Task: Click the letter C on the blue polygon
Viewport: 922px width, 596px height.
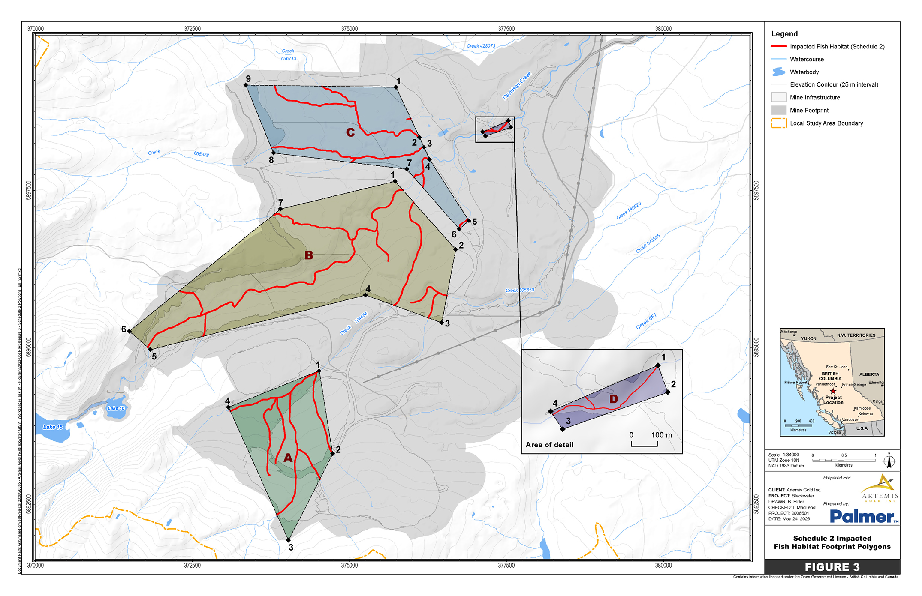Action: pyautogui.click(x=350, y=132)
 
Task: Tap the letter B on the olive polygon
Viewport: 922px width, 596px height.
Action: pyautogui.click(x=309, y=255)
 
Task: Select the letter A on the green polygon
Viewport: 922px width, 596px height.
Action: pyautogui.click(x=288, y=458)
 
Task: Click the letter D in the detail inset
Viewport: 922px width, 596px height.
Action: pyautogui.click(x=614, y=399)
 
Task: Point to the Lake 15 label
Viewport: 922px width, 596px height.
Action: pyautogui.click(x=53, y=427)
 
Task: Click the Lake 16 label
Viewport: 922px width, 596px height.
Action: pyautogui.click(x=116, y=408)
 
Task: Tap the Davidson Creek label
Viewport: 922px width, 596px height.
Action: pyautogui.click(x=517, y=86)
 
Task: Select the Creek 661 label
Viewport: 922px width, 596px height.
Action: pyautogui.click(x=646, y=321)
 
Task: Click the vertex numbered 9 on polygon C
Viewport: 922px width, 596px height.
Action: pyautogui.click(x=246, y=85)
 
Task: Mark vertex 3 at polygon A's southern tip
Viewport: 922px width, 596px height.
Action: pyautogui.click(x=289, y=540)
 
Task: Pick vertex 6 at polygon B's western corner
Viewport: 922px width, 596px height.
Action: pyautogui.click(x=130, y=331)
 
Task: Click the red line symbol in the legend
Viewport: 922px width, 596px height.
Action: pyautogui.click(x=778, y=46)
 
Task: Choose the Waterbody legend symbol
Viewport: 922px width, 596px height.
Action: pyautogui.click(x=778, y=72)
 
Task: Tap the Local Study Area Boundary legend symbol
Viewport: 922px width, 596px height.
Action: pyautogui.click(x=778, y=123)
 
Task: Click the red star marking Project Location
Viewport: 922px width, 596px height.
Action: pyautogui.click(x=833, y=391)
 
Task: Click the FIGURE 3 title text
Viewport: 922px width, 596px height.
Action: pyautogui.click(x=832, y=567)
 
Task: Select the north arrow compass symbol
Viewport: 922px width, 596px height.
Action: pyautogui.click(x=889, y=461)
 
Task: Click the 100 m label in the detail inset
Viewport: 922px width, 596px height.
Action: pyautogui.click(x=661, y=435)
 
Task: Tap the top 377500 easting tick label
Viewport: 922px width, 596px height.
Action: pyautogui.click(x=506, y=29)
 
